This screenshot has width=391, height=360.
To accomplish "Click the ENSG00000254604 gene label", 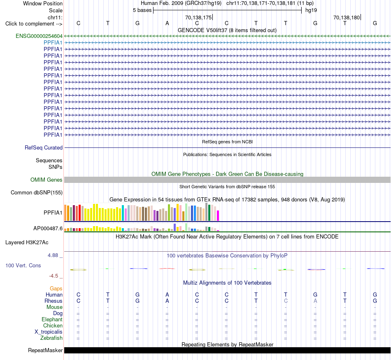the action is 39,36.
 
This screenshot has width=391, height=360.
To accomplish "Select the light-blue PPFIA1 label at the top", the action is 53,43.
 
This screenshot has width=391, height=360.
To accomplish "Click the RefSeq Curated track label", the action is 44,148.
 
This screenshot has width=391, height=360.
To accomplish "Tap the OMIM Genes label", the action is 47,180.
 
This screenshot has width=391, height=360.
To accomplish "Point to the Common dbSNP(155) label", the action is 37,193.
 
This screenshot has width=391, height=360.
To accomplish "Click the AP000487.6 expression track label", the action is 48,228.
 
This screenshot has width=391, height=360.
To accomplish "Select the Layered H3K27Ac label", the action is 27,243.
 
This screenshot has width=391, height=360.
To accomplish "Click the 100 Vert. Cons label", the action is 23,265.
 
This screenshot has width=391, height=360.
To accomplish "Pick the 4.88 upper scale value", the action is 53,255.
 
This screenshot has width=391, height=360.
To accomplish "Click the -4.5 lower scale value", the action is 54,276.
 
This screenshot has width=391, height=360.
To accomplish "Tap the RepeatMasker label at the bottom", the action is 45,350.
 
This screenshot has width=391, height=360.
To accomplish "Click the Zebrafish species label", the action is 51,338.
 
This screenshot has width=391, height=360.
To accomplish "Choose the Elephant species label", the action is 52,320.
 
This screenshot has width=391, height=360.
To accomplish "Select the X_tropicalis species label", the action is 49,332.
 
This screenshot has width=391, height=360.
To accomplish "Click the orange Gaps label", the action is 56,289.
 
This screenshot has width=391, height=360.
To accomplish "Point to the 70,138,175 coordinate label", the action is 198,17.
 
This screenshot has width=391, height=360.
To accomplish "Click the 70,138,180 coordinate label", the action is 347,17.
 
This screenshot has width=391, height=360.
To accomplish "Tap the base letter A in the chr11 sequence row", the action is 168,23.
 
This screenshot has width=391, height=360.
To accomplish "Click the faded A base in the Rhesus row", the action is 315,301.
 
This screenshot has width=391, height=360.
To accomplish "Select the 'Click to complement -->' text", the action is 34,24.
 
